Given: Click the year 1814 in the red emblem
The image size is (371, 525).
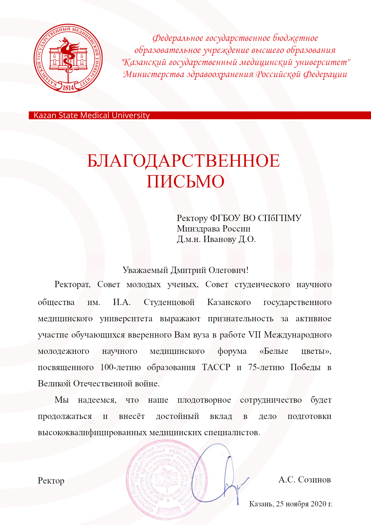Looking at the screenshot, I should pos(68,87).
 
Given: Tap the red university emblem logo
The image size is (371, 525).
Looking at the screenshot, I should pos(68,58).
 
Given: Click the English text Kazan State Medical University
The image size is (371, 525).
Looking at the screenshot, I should pos(92,115).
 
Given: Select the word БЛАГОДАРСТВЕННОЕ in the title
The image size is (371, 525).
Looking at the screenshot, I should pos(183,161).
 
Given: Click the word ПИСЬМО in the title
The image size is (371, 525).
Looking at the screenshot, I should pos(185,181).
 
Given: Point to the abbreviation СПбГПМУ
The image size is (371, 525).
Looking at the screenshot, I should pos(279,218).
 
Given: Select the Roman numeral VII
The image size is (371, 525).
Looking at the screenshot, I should pos(254,335).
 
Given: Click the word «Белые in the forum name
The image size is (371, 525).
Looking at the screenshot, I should pos(274,351).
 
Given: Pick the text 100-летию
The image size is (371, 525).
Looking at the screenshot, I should pos(120,367).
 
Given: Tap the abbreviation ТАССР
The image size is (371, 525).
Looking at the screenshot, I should pos(216,367).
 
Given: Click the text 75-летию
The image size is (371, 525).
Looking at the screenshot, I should pos(266,367).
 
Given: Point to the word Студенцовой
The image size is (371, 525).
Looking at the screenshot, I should pos(169,302).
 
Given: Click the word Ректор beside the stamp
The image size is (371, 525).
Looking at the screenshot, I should pos(51,481).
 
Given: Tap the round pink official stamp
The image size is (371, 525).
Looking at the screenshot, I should pos(165,480).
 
